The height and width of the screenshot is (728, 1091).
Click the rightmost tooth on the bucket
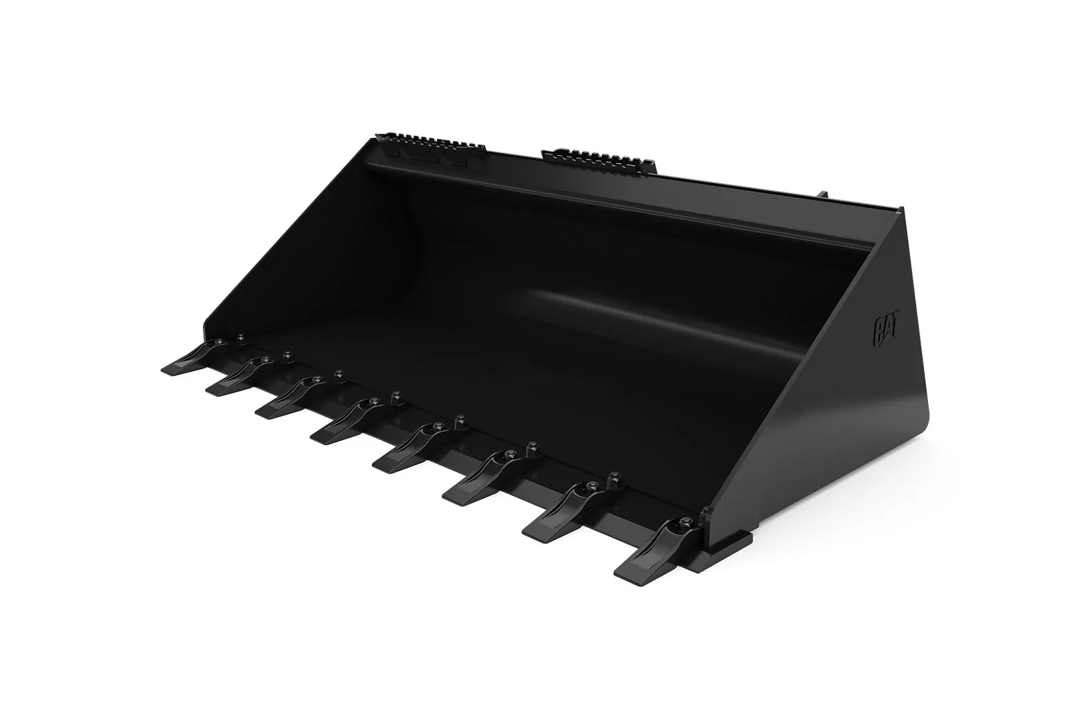click(657, 548)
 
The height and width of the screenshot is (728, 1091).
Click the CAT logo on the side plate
click(888, 335)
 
